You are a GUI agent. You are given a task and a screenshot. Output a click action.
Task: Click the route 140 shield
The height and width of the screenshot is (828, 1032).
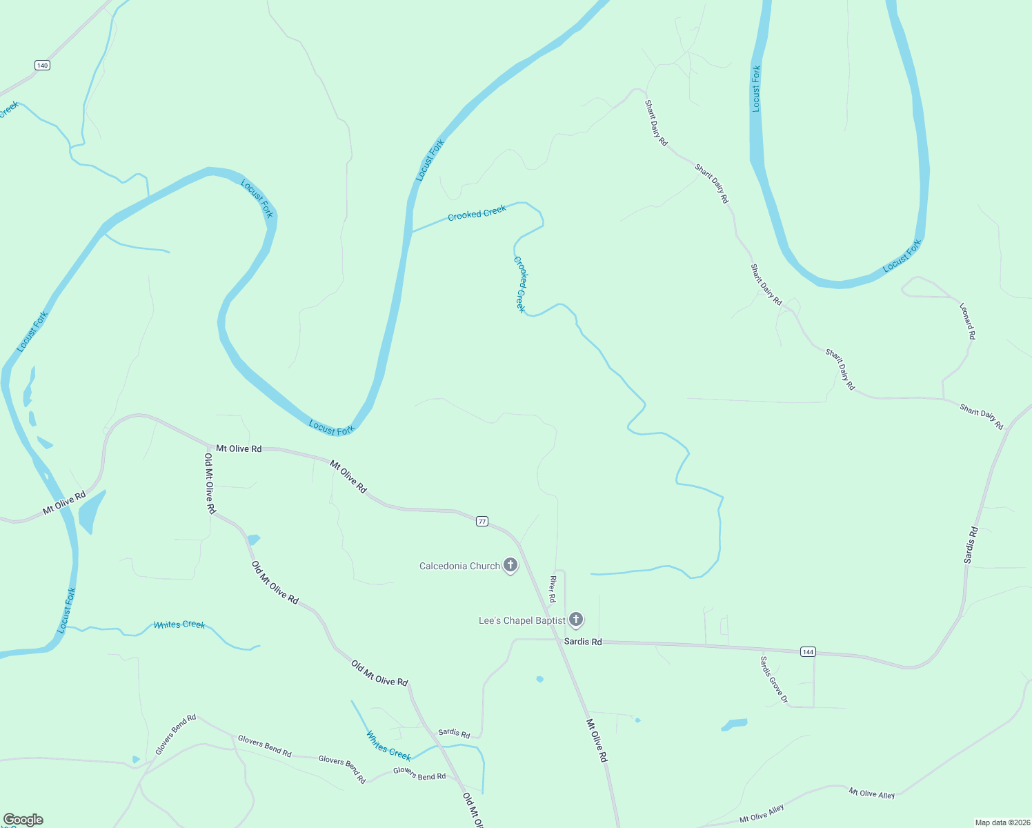point(43,66)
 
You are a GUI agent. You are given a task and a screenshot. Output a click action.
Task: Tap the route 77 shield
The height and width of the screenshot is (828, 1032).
point(482,522)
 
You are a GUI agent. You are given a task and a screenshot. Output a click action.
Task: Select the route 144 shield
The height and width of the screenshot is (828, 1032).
point(808,651)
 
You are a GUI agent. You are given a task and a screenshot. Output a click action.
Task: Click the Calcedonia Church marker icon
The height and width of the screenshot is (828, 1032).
point(510,565)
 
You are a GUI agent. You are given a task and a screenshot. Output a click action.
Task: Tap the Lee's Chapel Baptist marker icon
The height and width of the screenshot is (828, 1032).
point(576,620)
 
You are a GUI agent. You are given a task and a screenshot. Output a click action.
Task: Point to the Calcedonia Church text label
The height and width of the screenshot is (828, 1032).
point(459,566)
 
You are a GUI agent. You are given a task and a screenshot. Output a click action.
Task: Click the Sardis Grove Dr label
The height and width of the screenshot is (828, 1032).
point(773,680)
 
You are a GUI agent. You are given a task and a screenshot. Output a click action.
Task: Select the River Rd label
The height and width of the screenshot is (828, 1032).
point(553,589)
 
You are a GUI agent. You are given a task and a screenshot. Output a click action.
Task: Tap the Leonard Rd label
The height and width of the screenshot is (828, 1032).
point(968,320)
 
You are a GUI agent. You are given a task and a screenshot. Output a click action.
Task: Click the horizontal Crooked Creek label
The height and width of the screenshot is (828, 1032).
point(477,213)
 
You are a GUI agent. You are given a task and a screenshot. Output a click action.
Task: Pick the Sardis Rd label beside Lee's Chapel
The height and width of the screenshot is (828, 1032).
point(583,642)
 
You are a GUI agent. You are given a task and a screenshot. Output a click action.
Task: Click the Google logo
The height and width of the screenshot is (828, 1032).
point(23,820)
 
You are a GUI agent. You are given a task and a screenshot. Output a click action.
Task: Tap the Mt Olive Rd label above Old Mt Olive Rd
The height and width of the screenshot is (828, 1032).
point(239,448)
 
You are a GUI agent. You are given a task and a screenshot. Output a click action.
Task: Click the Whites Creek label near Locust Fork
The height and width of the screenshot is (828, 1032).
point(179,624)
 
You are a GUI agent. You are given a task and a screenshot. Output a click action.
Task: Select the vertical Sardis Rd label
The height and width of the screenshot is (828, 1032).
point(971,545)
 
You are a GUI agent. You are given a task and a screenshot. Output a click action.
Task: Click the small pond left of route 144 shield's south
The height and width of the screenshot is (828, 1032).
point(734,724)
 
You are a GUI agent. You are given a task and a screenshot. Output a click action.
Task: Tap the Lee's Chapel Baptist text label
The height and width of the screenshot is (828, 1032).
point(522,621)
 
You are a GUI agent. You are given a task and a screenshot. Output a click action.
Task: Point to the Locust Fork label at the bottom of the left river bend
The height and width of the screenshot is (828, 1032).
point(331,428)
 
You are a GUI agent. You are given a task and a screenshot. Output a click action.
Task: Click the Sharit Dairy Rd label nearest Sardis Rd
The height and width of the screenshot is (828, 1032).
point(981,417)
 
